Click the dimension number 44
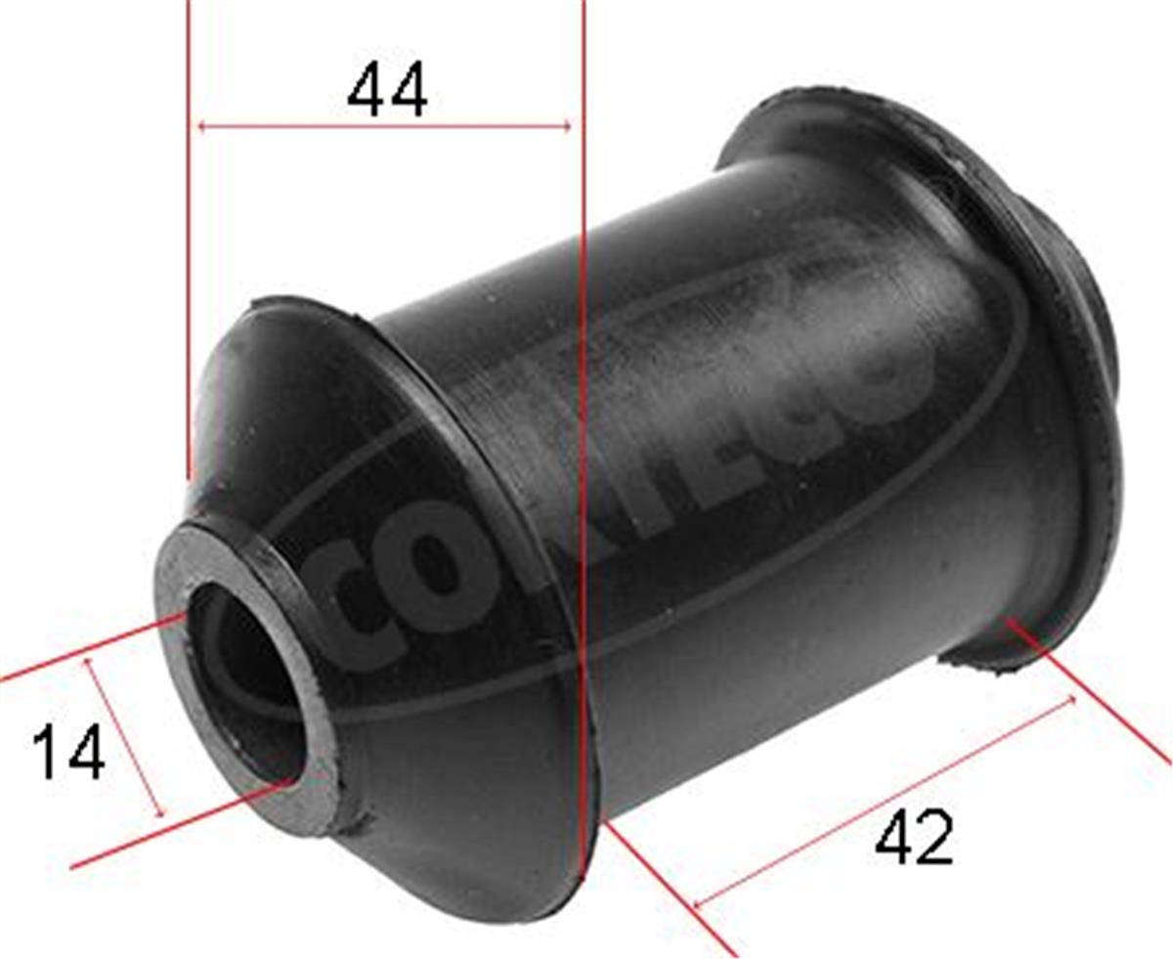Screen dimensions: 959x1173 tap(387, 91)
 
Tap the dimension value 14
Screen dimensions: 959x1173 tap(68, 753)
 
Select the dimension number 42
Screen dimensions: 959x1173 tap(914, 839)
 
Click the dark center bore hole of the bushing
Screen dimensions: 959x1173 tap(244, 675)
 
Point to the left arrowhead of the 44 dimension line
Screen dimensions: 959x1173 tap(201, 126)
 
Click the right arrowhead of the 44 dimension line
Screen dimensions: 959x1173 tap(566, 126)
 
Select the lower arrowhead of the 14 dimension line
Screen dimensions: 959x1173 tap(161, 813)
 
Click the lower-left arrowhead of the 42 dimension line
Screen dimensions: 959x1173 tap(696, 903)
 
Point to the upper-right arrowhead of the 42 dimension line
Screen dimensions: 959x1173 tap(1071, 699)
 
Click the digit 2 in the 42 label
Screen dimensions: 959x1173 tap(934, 839)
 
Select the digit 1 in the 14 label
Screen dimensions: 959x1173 tap(47, 753)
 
